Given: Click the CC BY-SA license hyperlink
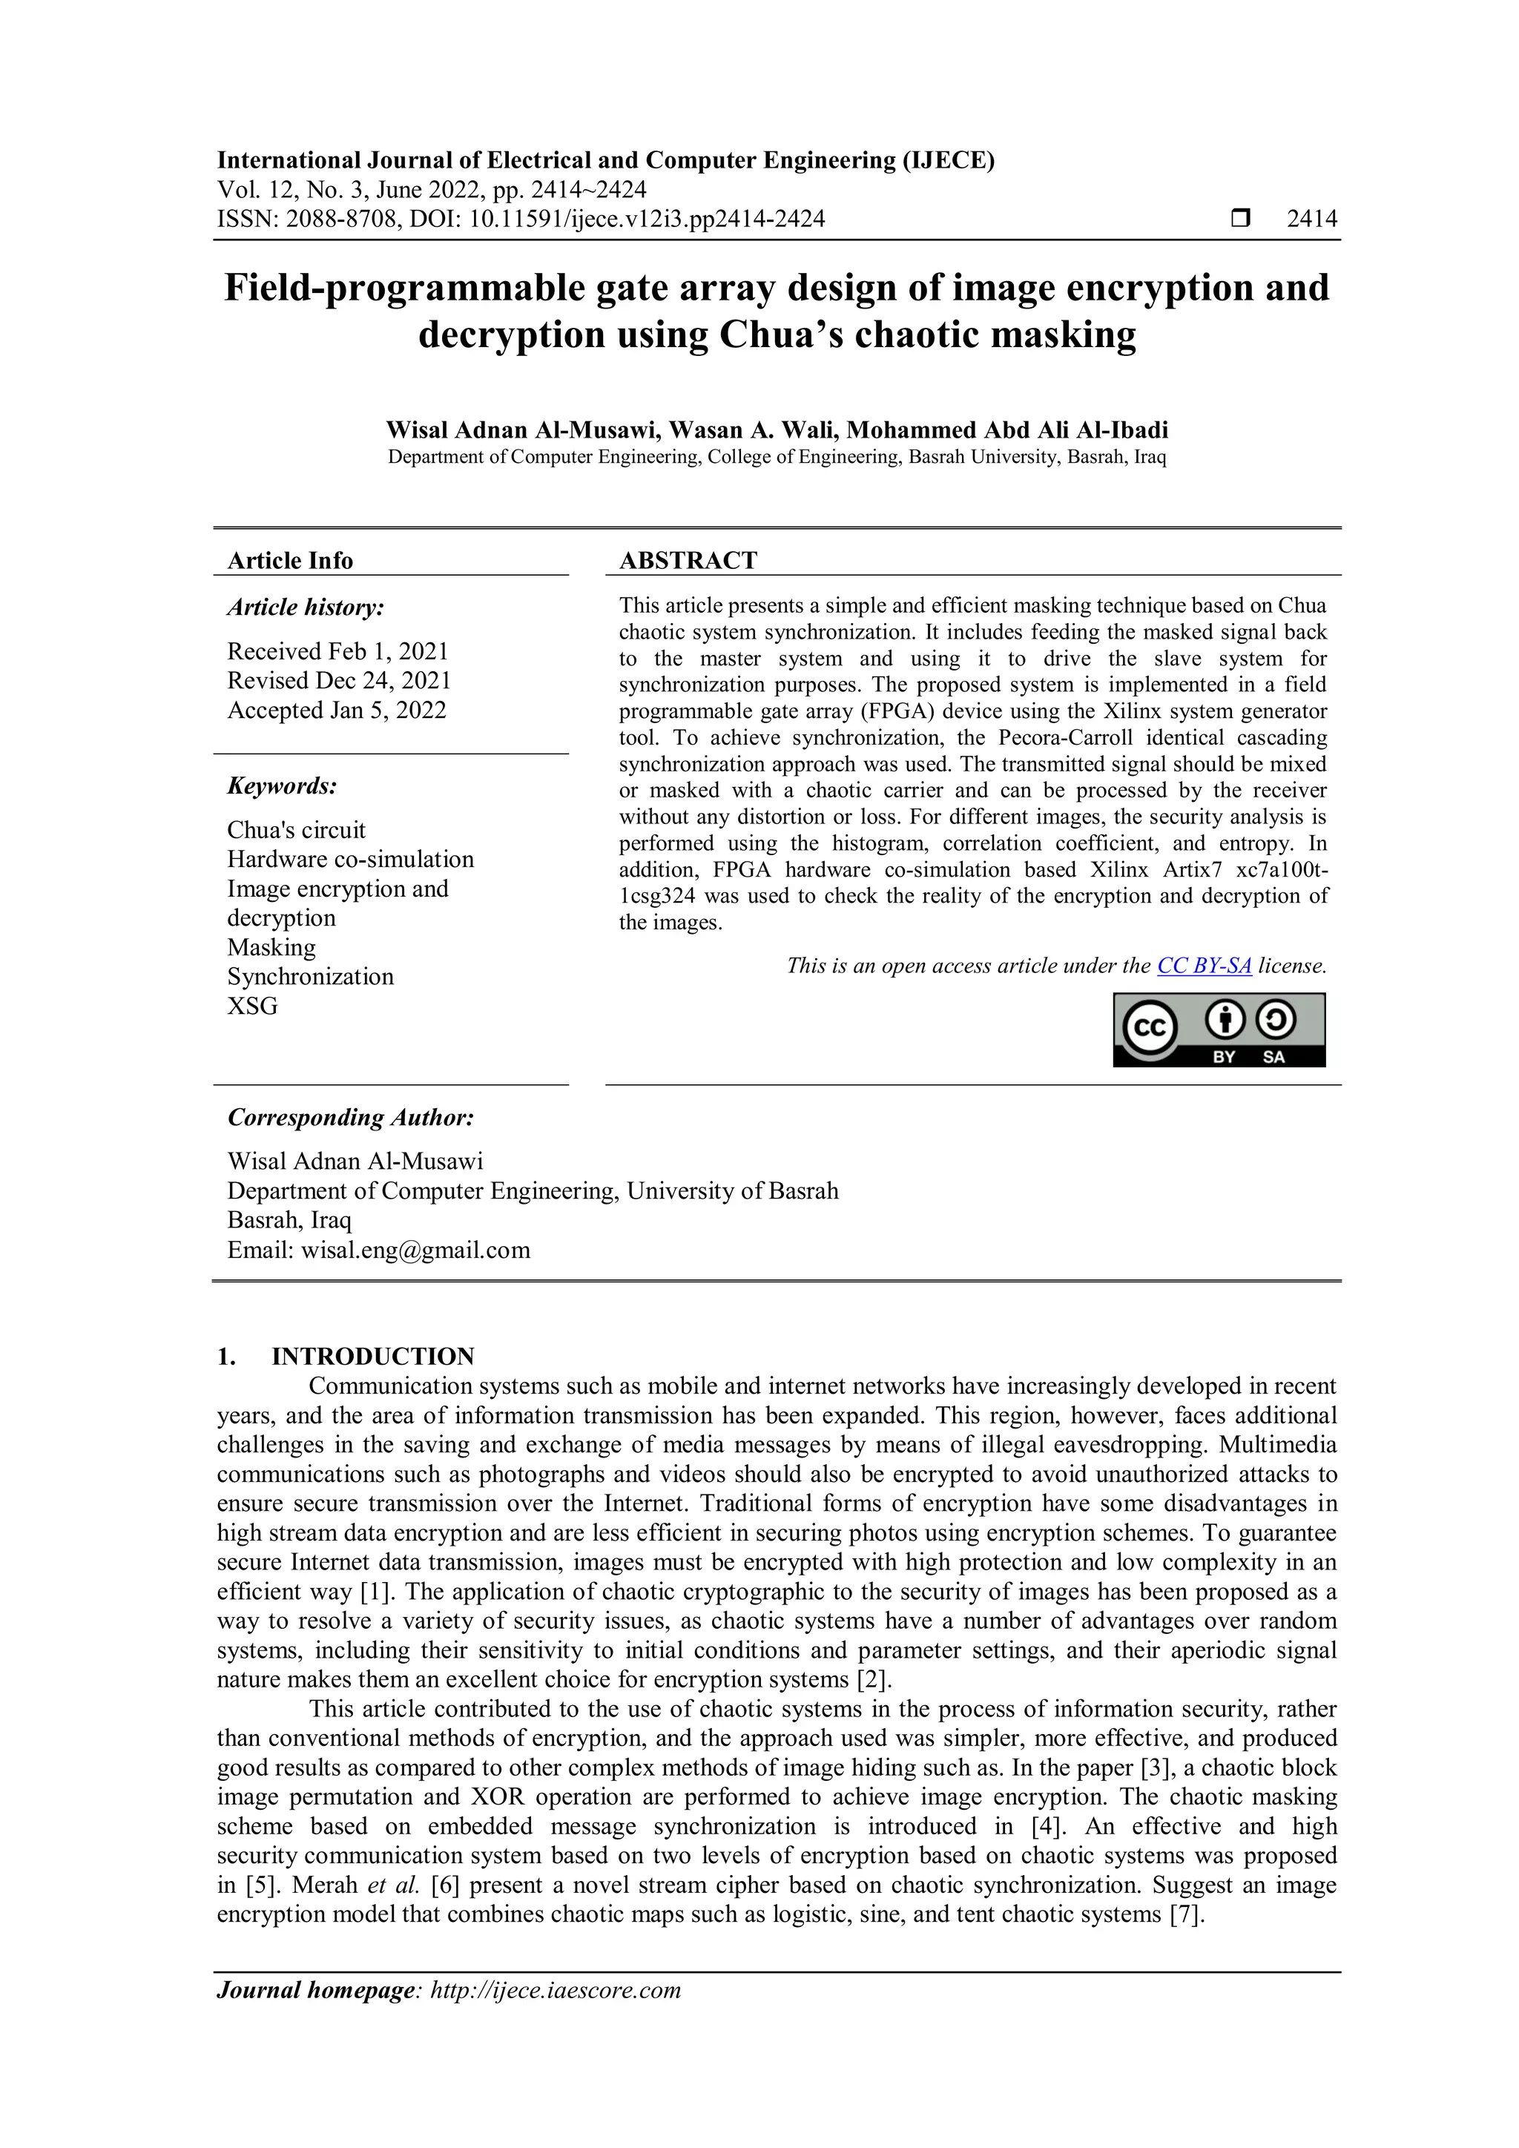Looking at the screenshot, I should [1204, 966].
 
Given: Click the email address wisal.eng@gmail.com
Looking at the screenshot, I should [415, 1250].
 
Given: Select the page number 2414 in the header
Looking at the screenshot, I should [1311, 219].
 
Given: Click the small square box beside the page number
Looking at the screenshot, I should [1240, 219].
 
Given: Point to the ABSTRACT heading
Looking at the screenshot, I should [688, 561].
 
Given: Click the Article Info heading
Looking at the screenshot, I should [290, 561].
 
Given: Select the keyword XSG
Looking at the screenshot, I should [252, 1006].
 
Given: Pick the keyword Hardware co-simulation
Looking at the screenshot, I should [350, 859].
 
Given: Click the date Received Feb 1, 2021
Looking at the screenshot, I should [337, 651].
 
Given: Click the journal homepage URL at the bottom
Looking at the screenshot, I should [555, 1990].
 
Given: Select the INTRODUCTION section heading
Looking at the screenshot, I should [372, 1357].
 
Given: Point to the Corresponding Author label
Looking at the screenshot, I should [351, 1117].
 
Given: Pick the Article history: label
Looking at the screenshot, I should [305, 607].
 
